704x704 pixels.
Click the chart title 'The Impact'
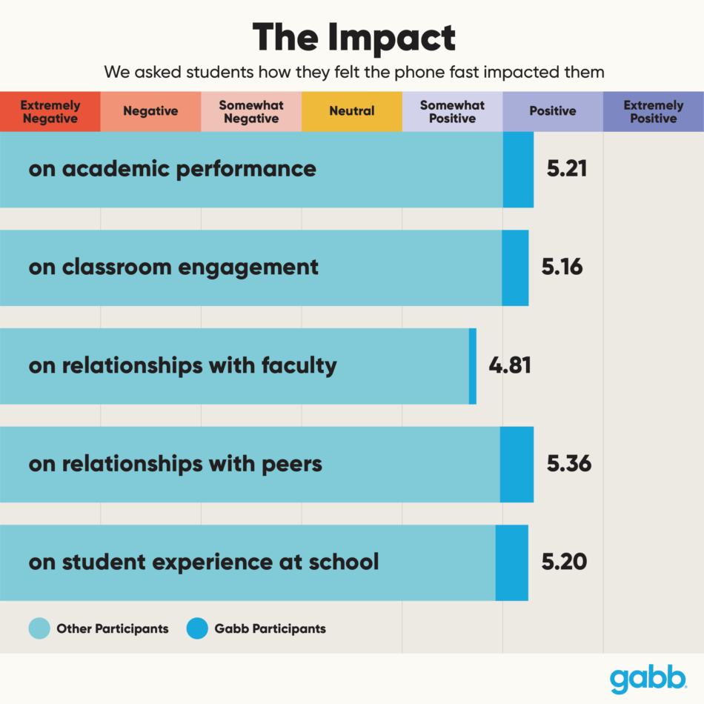click(x=353, y=37)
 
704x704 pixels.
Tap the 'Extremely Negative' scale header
click(x=50, y=112)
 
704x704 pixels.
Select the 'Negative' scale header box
click(x=150, y=112)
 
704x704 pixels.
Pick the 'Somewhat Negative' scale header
click(x=251, y=112)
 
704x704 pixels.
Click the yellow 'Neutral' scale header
click(x=352, y=112)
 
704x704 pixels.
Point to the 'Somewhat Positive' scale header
click(x=452, y=112)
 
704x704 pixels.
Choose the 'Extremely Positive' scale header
click(x=653, y=112)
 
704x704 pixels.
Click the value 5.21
click(x=567, y=169)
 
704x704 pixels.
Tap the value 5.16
click(x=562, y=267)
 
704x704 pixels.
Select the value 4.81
click(x=510, y=365)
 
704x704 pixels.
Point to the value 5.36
click(x=568, y=464)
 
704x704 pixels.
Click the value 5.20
click(x=564, y=562)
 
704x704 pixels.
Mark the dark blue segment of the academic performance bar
click(x=518, y=170)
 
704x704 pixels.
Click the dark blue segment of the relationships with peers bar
click(x=517, y=465)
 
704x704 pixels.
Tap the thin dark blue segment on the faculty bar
click(x=473, y=366)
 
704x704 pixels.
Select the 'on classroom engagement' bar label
click(x=173, y=268)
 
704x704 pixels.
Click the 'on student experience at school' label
click(x=204, y=562)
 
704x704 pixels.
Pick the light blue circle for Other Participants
click(x=39, y=628)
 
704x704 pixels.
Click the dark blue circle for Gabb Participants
click(x=196, y=628)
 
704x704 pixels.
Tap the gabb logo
click(x=648, y=679)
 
